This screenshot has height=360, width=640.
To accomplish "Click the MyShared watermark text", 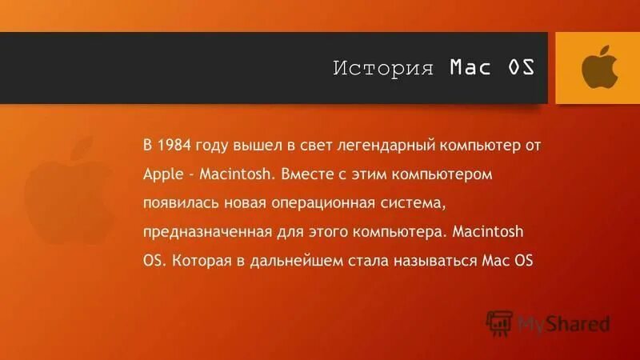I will [x=563, y=324].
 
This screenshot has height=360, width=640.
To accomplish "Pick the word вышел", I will [x=254, y=146].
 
